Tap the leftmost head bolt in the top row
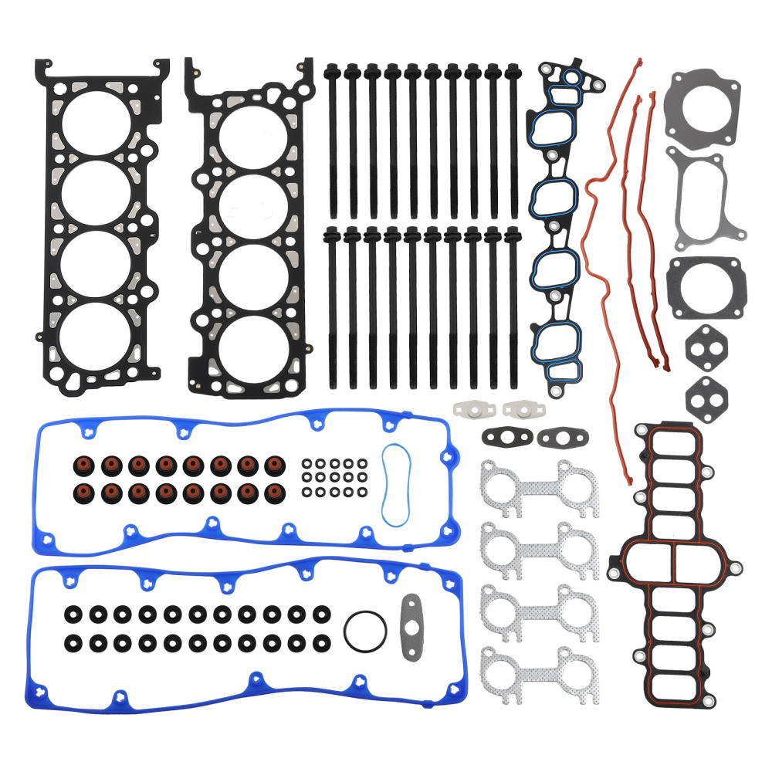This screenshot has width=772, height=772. click(333, 139)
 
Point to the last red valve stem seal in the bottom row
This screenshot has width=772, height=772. click(274, 491)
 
